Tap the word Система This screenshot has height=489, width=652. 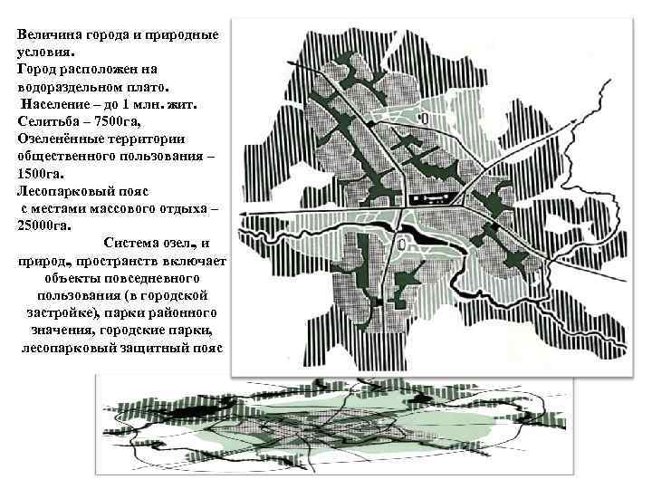135,243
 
